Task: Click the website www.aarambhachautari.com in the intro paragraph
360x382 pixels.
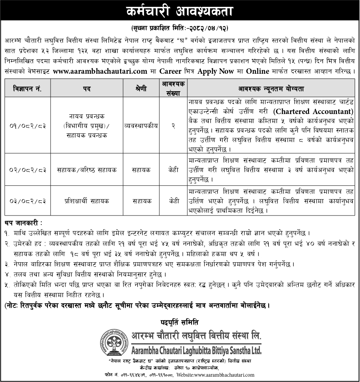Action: tap(100, 71)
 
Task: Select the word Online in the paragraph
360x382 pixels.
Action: tap(257, 71)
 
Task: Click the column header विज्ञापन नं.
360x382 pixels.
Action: tap(27, 89)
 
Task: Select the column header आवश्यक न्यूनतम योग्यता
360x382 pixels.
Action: tap(271, 89)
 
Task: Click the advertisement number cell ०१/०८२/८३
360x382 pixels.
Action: tap(27, 125)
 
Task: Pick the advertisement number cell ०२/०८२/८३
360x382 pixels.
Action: tap(27, 170)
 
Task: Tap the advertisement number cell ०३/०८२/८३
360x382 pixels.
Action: tap(27, 201)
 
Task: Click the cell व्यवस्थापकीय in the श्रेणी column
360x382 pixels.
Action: tap(141, 125)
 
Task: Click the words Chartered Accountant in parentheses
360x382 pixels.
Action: tap(313, 112)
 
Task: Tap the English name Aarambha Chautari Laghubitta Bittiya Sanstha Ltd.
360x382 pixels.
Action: tap(196, 349)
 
